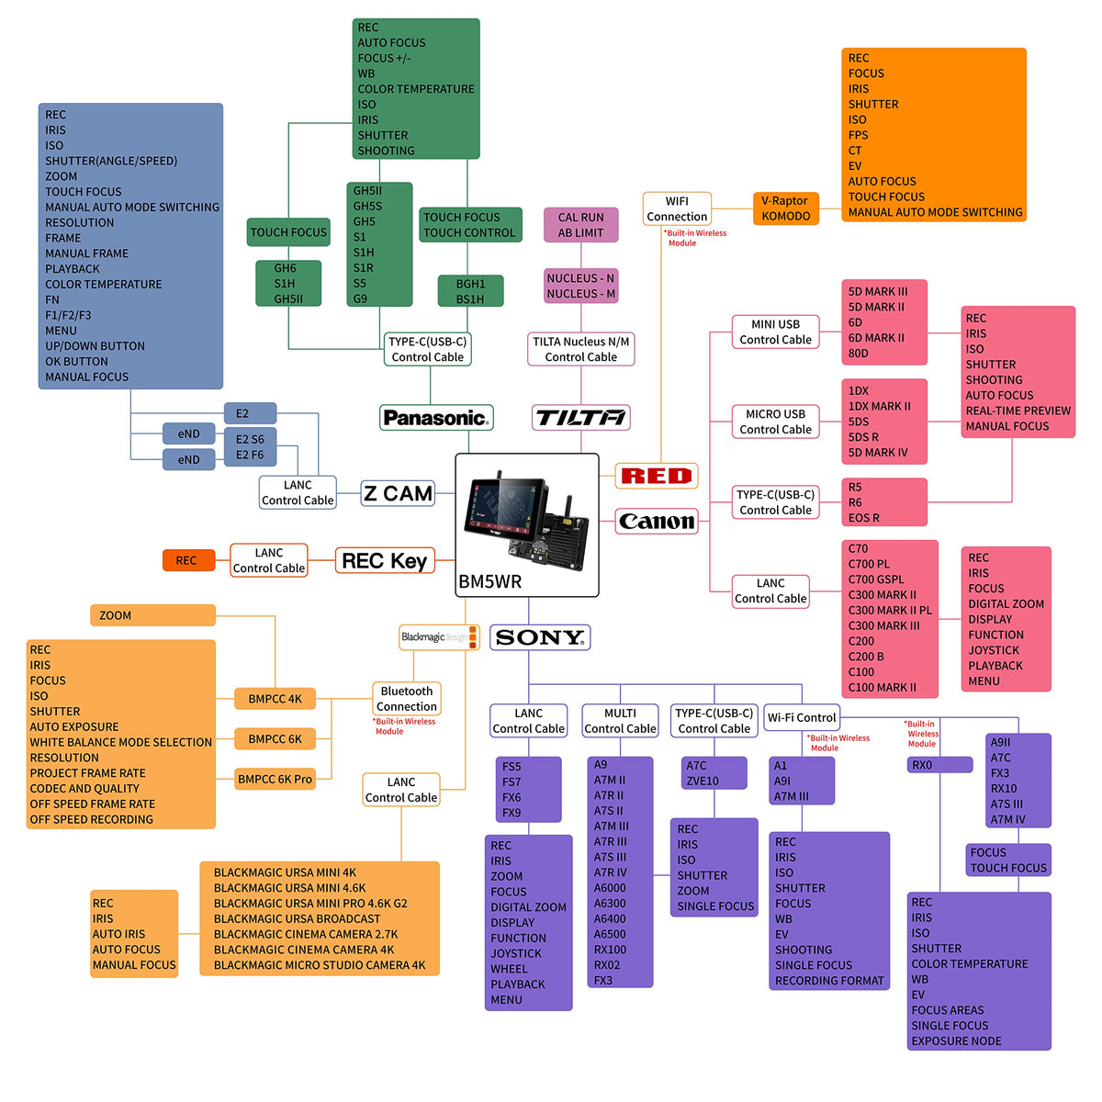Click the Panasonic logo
(x=436, y=418)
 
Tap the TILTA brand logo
(x=580, y=418)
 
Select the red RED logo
(x=656, y=476)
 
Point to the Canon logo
(x=656, y=522)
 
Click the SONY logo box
(x=540, y=637)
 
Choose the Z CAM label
(x=397, y=493)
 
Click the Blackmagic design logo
(x=439, y=637)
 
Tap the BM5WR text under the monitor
(x=489, y=582)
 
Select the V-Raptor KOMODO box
(x=785, y=208)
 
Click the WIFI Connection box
(x=677, y=208)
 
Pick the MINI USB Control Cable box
(x=775, y=332)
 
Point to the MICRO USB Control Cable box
(x=775, y=422)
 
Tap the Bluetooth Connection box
(x=406, y=699)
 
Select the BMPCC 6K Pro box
(x=275, y=779)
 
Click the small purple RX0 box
(x=939, y=765)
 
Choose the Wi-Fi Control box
(x=802, y=717)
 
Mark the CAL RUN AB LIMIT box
(x=580, y=225)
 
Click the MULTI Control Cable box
(x=620, y=721)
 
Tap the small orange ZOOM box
(x=152, y=615)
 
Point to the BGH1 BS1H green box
(x=470, y=291)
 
